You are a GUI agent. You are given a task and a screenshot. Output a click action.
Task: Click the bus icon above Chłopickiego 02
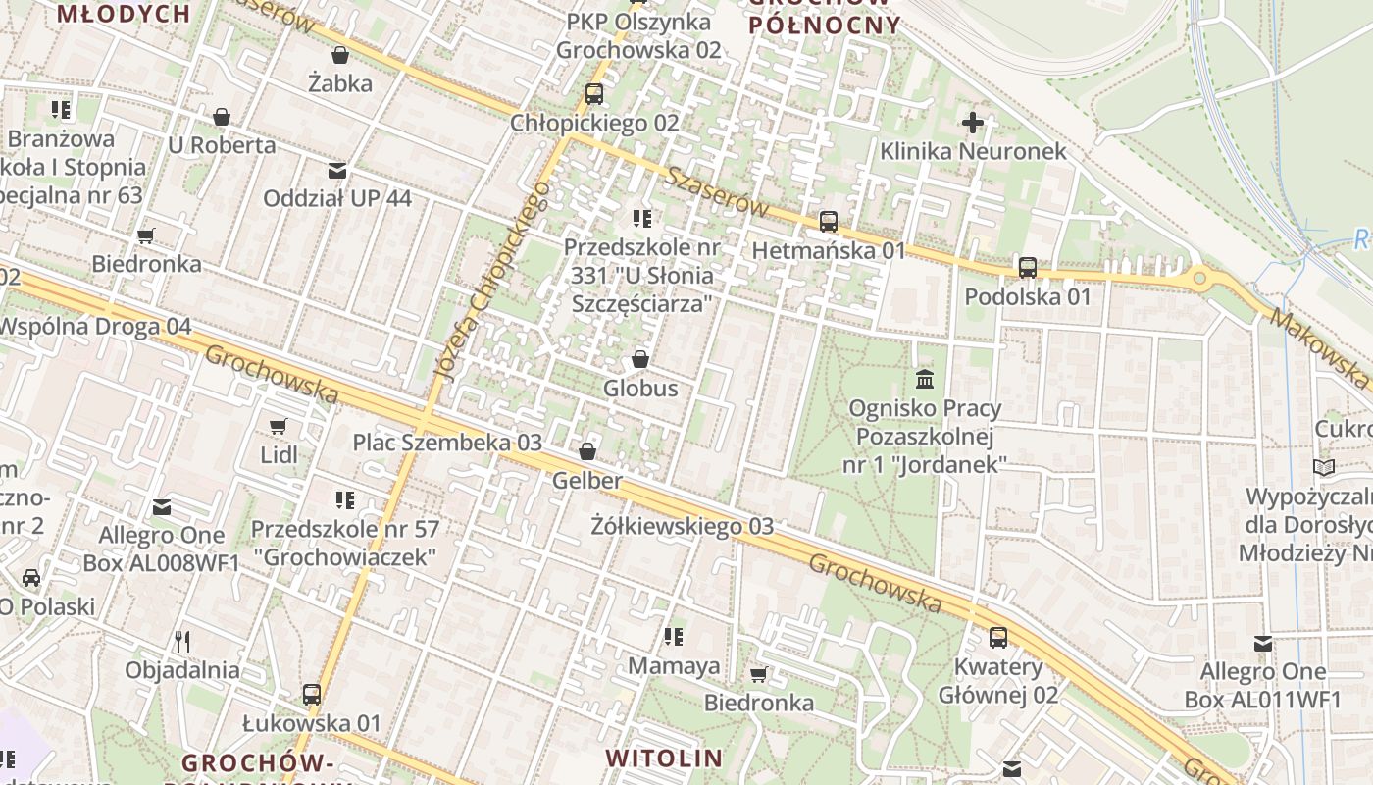(593, 94)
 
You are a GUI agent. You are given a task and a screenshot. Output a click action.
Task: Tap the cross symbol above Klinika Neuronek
(972, 123)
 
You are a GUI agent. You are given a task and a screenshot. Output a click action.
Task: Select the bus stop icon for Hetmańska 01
(829, 222)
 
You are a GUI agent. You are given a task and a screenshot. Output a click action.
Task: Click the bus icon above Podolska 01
(1027, 267)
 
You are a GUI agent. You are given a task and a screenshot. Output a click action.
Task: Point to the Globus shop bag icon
(640, 359)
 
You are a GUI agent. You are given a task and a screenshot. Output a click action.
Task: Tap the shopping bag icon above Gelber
(586, 451)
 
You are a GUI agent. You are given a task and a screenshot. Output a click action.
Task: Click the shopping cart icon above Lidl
(279, 426)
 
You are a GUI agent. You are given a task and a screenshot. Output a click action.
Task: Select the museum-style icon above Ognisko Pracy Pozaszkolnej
(924, 379)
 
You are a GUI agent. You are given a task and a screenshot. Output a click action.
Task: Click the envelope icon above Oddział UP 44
(337, 171)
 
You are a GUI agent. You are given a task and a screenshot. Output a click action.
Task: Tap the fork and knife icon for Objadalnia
(181, 642)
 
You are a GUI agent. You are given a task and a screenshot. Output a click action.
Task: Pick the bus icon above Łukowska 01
(312, 695)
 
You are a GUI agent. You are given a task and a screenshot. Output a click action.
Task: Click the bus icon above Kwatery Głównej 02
(998, 638)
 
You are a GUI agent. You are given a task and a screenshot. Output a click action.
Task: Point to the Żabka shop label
(340, 83)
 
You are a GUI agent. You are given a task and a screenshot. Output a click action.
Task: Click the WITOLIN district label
(664, 758)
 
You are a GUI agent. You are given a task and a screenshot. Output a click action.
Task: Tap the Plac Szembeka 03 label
(447, 442)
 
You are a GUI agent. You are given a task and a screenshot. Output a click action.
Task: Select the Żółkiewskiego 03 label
(683, 526)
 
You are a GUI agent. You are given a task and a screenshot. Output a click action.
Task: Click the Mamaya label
(674, 666)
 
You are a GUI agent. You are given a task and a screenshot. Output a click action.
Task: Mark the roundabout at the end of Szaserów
(1199, 279)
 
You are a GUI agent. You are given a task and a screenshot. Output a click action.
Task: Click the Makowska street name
(1319, 347)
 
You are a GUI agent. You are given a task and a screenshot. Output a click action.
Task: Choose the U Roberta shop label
(222, 145)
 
